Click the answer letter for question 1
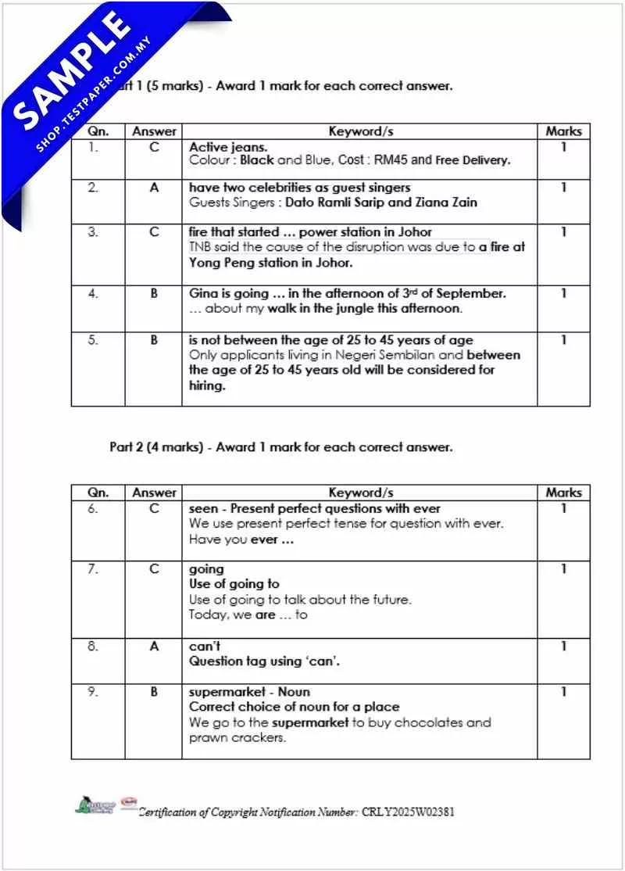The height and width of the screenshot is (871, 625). [154, 146]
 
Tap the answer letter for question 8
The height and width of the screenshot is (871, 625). [154, 647]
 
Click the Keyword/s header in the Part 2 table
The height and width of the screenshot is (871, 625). [360, 493]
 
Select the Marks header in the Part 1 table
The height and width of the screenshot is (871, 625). [563, 131]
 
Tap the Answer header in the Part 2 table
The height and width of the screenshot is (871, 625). [154, 493]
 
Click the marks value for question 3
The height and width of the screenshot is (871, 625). [563, 232]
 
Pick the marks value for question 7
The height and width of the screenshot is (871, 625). [563, 569]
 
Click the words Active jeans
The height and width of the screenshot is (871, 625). [228, 146]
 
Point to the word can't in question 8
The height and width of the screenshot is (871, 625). [205, 647]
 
